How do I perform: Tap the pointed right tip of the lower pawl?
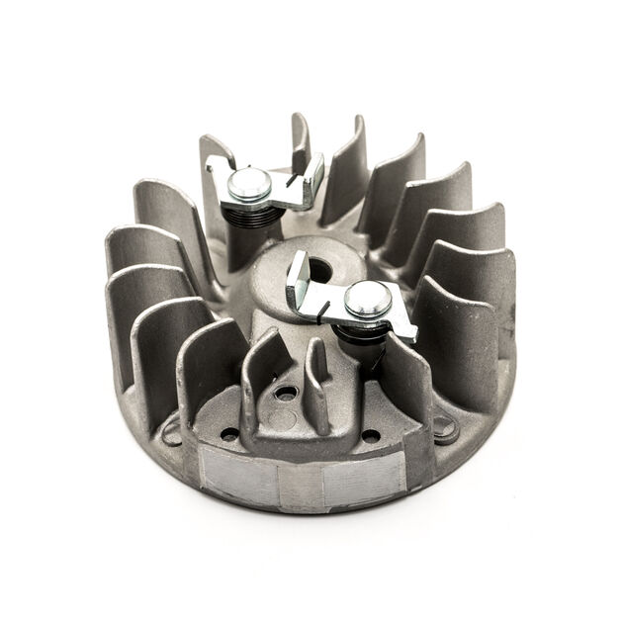click(x=410, y=334)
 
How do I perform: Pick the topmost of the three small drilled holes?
click(x=287, y=394)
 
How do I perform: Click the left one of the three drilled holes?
click(x=230, y=432)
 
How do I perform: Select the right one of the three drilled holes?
click(x=370, y=435)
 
